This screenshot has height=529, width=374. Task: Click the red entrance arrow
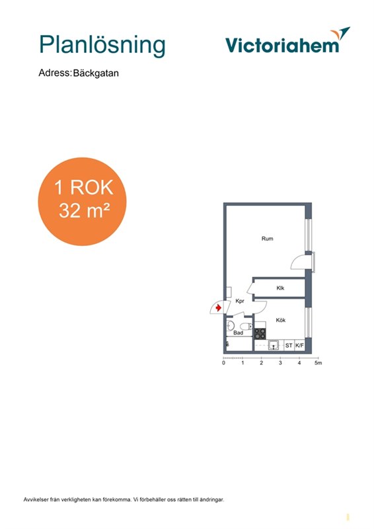pyautogui.click(x=219, y=307)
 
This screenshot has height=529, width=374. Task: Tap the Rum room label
pyautogui.click(x=267, y=239)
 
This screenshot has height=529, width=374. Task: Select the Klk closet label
pyautogui.click(x=280, y=288)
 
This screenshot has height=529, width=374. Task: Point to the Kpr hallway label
pyautogui.click(x=240, y=301)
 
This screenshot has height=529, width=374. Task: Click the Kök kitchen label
pyautogui.click(x=281, y=320)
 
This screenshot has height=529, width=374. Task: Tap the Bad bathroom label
pyautogui.click(x=238, y=333)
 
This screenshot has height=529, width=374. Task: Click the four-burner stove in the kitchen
pyautogui.click(x=260, y=334)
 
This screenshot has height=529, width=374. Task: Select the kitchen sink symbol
pyautogui.click(x=274, y=345)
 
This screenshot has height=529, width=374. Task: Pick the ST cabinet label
pyautogui.click(x=289, y=345)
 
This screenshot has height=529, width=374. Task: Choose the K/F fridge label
pyautogui.click(x=299, y=345)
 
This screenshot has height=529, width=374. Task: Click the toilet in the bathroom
pyautogui.click(x=246, y=326)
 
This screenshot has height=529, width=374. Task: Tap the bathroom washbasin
pyautogui.click(x=231, y=325)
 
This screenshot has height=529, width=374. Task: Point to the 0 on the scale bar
pyautogui.click(x=223, y=363)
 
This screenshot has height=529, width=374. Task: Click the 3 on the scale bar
pyautogui.click(x=280, y=363)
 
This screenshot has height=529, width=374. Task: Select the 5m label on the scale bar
pyautogui.click(x=318, y=363)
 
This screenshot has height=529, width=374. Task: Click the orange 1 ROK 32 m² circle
pyautogui.click(x=82, y=202)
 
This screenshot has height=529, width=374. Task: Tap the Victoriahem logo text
pyautogui.click(x=282, y=45)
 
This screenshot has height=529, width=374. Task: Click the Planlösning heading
pyautogui.click(x=102, y=46)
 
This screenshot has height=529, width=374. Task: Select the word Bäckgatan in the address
pyautogui.click(x=96, y=73)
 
